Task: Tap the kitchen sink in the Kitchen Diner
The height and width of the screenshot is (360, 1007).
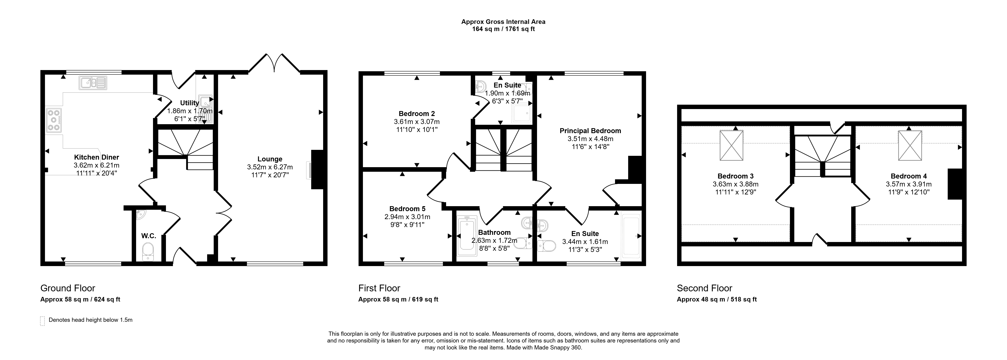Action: pos(93,82)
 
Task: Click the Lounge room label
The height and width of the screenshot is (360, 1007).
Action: pos(270,159)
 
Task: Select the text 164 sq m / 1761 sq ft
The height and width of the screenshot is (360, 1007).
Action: pos(503,29)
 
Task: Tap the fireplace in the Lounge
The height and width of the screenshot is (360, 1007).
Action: pos(317,170)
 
